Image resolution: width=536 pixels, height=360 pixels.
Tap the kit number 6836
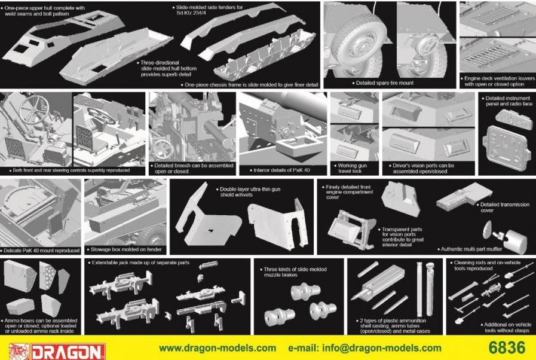click(x=506, y=347)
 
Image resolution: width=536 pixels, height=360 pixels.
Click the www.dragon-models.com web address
click(x=218, y=348)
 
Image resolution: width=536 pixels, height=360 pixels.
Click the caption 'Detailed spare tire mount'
click(x=384, y=83)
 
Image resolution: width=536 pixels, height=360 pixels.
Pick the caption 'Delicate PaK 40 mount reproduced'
click(x=42, y=250)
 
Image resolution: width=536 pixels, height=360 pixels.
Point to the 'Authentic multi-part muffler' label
click(x=471, y=248)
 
